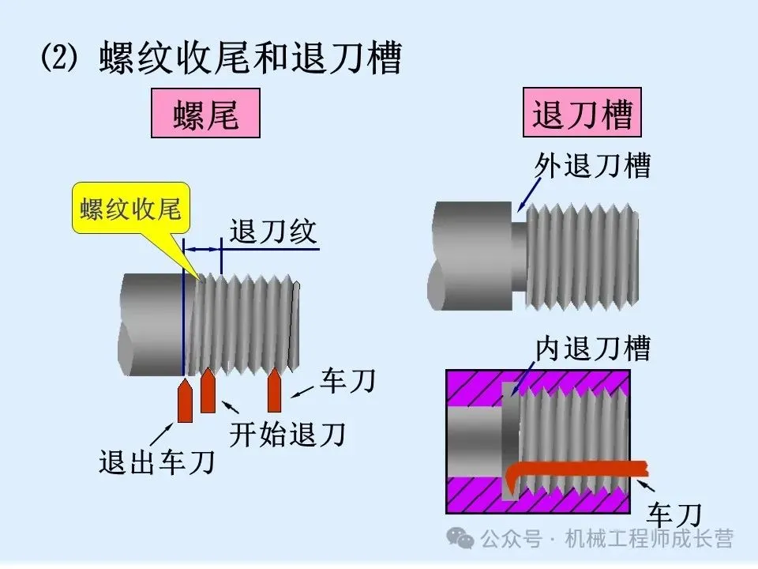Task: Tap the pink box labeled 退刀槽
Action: point(582,114)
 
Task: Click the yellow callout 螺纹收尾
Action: point(131,209)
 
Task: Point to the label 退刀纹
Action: point(272,232)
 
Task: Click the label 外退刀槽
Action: point(592,165)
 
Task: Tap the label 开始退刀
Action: point(287,433)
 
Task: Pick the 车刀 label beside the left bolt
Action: point(347,382)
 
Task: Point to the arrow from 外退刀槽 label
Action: point(530,193)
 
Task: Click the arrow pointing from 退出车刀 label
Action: point(162,434)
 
